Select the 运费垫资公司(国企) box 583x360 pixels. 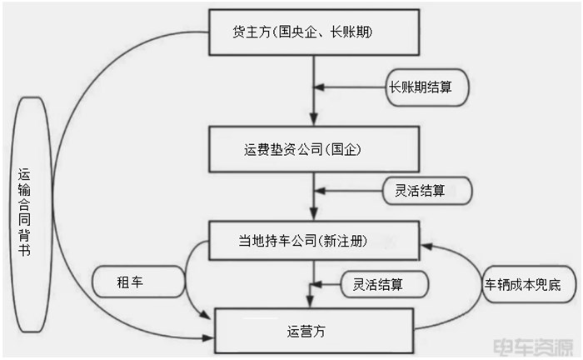[311, 151]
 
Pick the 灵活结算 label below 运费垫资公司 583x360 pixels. [426, 190]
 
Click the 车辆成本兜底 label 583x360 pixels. [523, 284]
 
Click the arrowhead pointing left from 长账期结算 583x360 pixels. [320, 87]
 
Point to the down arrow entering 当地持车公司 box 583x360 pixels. [312, 214]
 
